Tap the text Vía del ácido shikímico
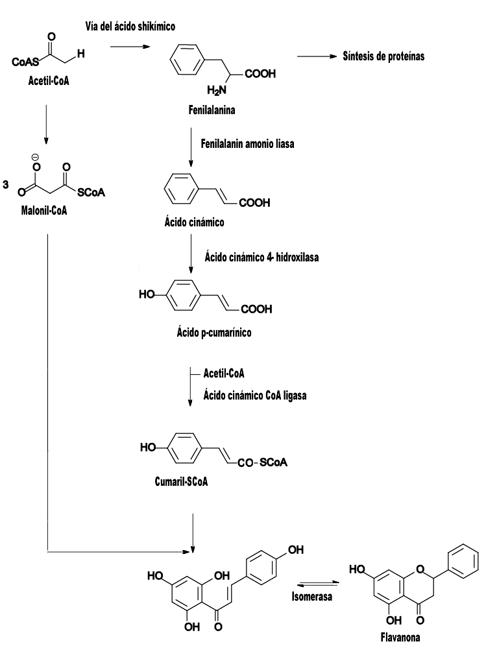tap(130, 27)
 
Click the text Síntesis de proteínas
tap(383, 56)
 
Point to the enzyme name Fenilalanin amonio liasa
tap(248, 143)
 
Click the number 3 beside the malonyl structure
tap(6, 185)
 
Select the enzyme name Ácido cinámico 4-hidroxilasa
tap(261, 257)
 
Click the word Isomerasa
tap(311, 596)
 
